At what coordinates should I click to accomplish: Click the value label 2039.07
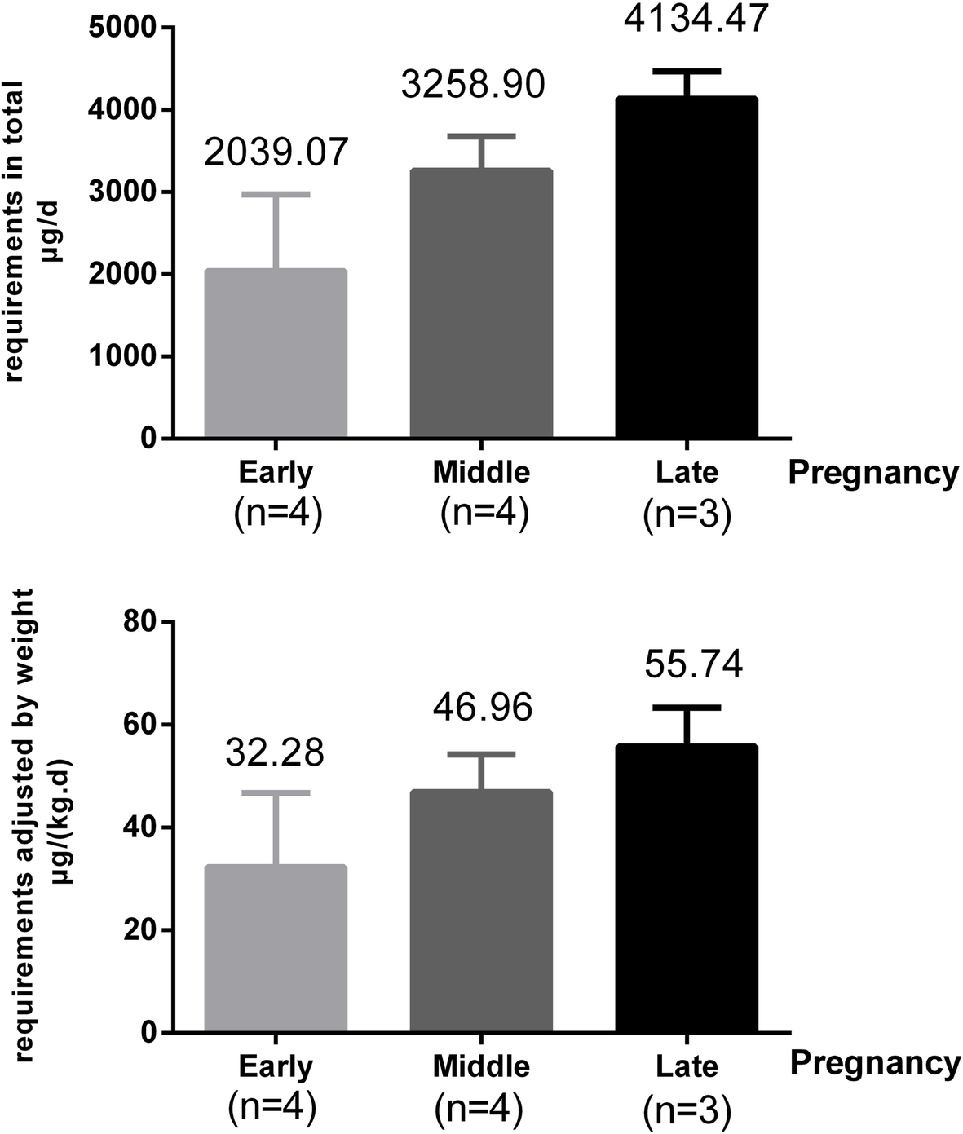[276, 152]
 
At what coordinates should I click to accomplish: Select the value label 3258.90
[473, 85]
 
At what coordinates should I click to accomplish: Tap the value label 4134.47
[696, 18]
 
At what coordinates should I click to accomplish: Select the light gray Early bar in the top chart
[276, 354]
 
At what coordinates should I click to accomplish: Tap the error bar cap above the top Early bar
[276, 194]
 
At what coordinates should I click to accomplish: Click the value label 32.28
[275, 752]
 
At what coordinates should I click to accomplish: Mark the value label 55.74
[693, 664]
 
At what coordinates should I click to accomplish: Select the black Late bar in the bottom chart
[687, 889]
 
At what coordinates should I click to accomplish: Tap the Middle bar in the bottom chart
[481, 911]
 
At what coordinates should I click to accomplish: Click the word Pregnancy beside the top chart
[873, 473]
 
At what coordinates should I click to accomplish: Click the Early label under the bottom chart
[275, 1066]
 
